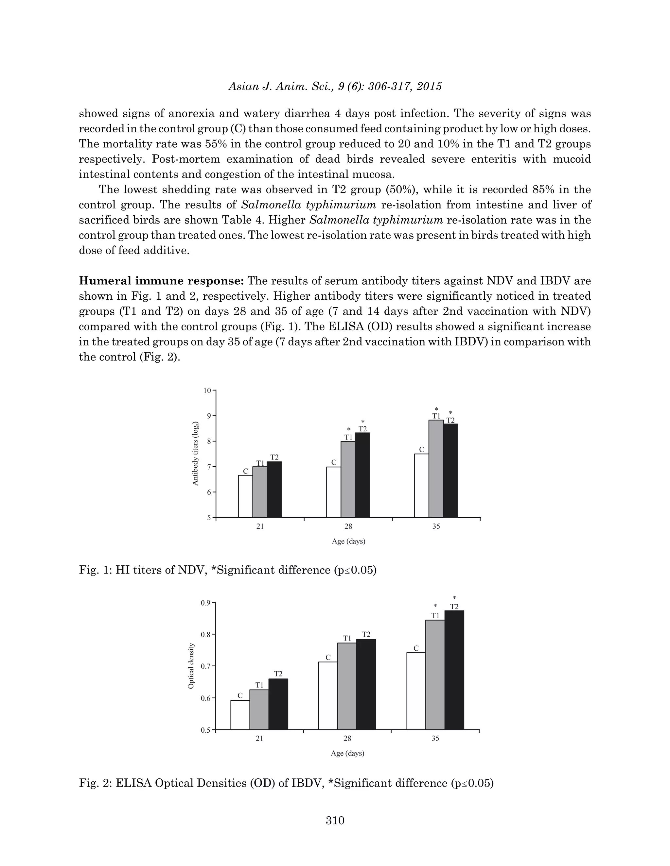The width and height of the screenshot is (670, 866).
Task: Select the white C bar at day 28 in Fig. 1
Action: (x=333, y=492)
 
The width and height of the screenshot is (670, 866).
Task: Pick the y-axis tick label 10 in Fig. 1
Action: (x=207, y=391)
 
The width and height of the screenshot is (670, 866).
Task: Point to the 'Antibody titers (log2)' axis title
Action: (x=195, y=454)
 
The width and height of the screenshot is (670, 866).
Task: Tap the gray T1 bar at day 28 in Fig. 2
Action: (x=347, y=686)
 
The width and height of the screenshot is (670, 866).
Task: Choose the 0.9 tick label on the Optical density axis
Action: (x=205, y=603)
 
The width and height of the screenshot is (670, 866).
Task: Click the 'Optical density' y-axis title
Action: (x=191, y=666)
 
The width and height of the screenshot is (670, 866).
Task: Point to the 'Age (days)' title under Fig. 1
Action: (x=348, y=541)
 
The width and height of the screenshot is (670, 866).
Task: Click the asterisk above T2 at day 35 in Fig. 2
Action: (x=454, y=598)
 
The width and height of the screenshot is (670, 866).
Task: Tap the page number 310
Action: (x=335, y=820)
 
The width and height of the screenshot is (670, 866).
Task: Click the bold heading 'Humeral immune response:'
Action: (x=161, y=281)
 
